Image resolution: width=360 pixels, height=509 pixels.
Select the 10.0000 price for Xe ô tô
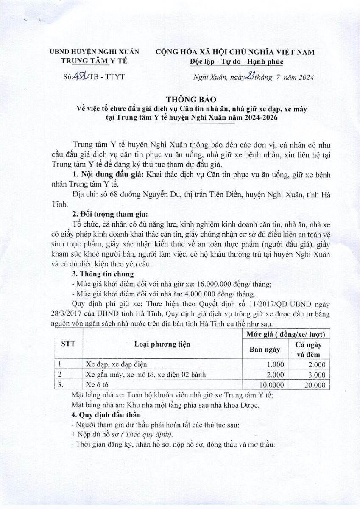pos(268,385)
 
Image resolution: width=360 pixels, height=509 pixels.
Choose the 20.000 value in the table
pos(314,385)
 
